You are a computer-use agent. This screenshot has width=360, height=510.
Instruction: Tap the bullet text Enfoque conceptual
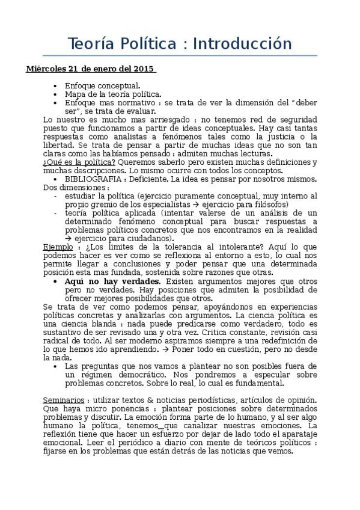[102, 85]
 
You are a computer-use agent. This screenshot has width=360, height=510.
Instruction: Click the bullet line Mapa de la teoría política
[113, 94]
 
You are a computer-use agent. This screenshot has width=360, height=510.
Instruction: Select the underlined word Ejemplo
[58, 247]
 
